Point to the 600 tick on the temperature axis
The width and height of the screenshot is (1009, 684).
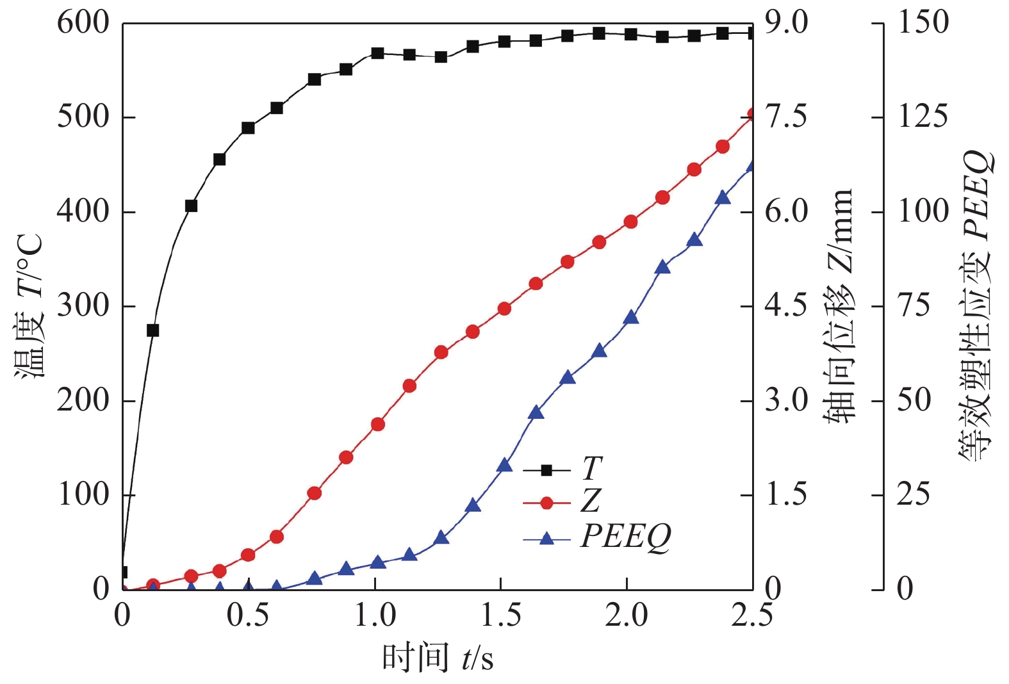point(83,23)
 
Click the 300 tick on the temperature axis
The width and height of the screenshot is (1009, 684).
point(83,306)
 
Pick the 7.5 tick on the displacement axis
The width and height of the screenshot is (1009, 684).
point(786,117)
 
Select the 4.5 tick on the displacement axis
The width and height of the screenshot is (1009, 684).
point(786,306)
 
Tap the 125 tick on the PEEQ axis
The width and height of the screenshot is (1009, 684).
point(923,117)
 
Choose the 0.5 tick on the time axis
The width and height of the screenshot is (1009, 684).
point(248,616)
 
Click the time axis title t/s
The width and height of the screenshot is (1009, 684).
point(438,658)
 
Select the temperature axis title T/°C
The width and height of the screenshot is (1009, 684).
point(29,306)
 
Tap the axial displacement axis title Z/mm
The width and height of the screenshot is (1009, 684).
point(839,306)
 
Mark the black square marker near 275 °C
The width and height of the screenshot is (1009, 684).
point(152,330)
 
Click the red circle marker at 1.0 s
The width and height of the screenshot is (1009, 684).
point(378,425)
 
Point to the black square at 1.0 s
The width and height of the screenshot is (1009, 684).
point(377,53)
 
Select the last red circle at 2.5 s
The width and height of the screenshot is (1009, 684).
point(753,115)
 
